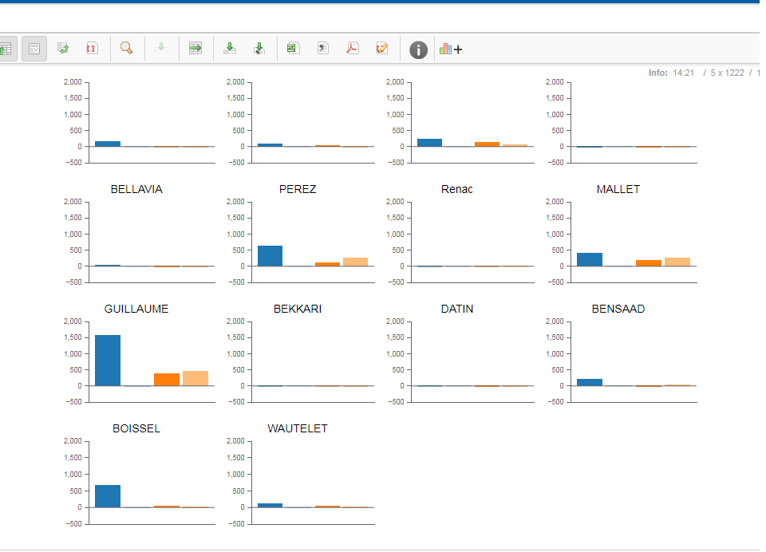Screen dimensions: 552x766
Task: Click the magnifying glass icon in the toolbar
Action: click(126, 49)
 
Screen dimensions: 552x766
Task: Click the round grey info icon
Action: click(418, 49)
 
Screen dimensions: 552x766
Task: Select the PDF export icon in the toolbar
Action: click(352, 49)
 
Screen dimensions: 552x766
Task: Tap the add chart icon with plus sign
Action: click(451, 49)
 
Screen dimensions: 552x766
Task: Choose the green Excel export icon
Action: click(292, 49)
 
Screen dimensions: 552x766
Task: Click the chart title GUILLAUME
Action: click(136, 309)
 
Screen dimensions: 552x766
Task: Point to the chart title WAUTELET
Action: click(298, 428)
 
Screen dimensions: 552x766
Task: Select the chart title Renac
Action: click(456, 189)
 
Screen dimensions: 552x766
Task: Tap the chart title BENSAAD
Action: click(618, 309)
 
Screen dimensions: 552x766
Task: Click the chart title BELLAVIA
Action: click(136, 189)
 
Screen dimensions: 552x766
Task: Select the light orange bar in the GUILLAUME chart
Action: click(195, 378)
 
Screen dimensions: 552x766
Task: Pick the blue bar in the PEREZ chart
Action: click(270, 256)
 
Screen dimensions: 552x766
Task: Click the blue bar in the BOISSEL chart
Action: click(108, 496)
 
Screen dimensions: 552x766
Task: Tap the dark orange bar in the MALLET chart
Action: click(649, 262)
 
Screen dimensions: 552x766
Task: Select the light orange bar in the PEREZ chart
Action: click(355, 262)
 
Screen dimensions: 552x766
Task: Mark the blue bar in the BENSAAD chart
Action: click(590, 382)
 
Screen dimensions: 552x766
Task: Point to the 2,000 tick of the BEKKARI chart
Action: click(235, 321)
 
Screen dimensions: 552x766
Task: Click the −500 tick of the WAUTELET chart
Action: click(235, 524)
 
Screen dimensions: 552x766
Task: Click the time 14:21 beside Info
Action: click(683, 73)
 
